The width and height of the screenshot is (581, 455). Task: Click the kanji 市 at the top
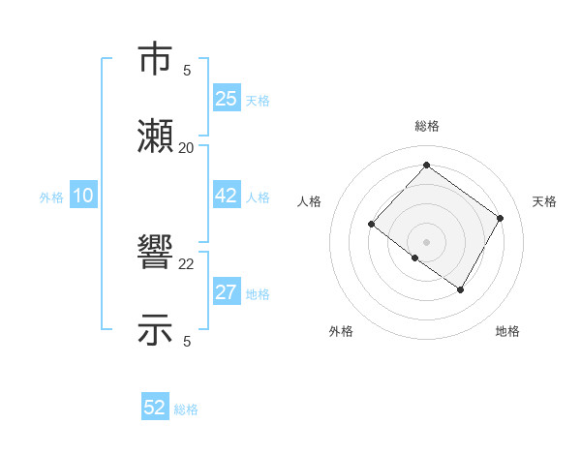[156, 60]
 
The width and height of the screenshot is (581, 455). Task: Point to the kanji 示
[156, 329]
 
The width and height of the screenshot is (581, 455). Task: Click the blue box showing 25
[227, 99]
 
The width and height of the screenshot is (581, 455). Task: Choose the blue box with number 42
[227, 196]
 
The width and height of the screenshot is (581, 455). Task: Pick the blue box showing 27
[227, 292]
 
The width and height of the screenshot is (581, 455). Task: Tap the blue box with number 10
[83, 196]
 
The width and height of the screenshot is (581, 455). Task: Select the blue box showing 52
[155, 408]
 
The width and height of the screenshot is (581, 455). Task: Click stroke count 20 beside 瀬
[187, 148]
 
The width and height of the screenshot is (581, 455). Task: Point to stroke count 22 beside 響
[187, 263]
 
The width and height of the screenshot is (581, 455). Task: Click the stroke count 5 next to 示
[187, 341]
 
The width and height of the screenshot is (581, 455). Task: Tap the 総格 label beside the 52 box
[186, 409]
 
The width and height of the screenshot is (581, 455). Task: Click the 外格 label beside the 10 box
[51, 197]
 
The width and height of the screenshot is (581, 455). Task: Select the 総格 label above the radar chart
[426, 126]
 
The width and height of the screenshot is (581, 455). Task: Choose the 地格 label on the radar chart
[507, 332]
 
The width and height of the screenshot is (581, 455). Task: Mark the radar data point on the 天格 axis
[500, 218]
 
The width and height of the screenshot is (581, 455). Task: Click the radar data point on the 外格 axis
[415, 258]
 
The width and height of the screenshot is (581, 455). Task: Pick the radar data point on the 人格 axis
[372, 225]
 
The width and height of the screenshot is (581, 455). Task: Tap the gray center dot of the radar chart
[426, 241]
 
